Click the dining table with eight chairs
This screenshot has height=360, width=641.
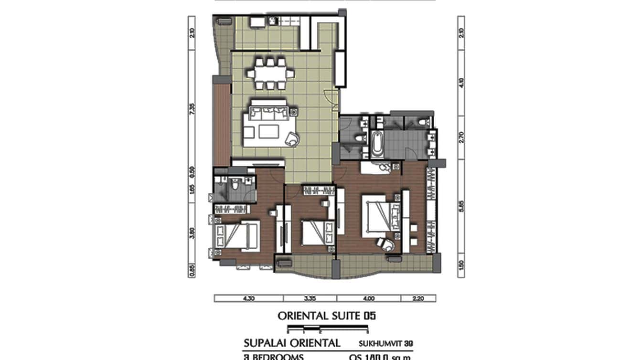pos(270,74)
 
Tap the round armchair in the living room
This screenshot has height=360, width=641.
pos(292,139)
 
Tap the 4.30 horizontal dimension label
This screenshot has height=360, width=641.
pos(248,299)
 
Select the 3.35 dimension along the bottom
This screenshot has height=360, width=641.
pos(310,299)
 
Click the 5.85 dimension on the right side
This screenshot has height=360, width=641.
pos(461,206)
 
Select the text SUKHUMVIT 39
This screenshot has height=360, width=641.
pos(385,343)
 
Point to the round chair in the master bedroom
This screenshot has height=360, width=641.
pos(386,244)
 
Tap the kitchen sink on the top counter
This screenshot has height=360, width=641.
pos(274,21)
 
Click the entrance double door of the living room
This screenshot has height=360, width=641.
pos(331,97)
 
